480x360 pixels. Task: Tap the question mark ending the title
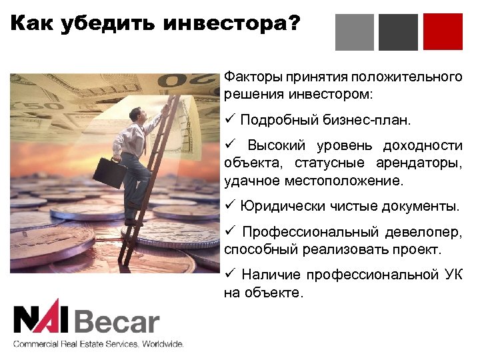pos(294,26)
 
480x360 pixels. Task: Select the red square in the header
pos(443,32)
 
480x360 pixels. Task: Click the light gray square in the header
pos(354,32)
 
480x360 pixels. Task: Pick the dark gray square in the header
pos(398,32)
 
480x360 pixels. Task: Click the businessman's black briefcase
pos(109,171)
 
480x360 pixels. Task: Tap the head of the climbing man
pos(136,114)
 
